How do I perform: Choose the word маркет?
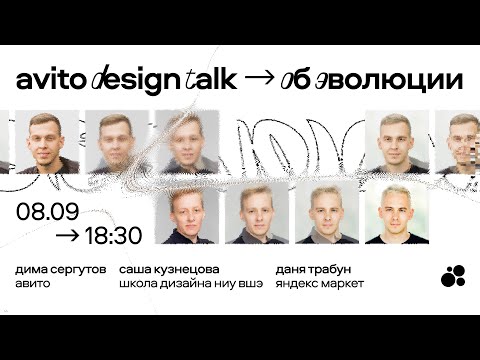(344, 284)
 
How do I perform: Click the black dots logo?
(453, 275)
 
